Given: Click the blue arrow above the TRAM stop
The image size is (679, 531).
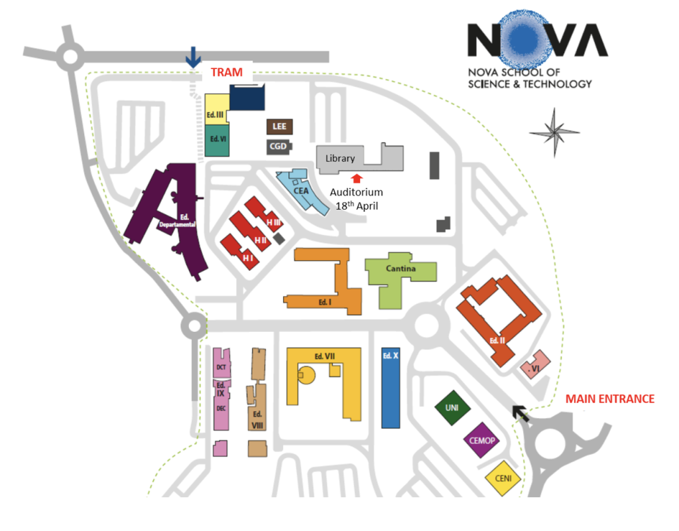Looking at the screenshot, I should pyautogui.click(x=193, y=56).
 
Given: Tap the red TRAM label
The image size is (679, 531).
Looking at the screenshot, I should pyautogui.click(x=227, y=72).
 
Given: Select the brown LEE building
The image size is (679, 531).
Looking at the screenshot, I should pyautogui.click(x=278, y=127).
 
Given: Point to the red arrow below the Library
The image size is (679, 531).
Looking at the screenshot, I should pyautogui.click(x=357, y=177).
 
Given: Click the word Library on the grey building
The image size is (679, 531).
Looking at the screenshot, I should pyautogui.click(x=339, y=159).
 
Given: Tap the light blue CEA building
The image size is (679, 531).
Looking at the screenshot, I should pyautogui.click(x=302, y=190).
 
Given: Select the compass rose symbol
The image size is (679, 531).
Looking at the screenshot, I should pyautogui.click(x=555, y=133).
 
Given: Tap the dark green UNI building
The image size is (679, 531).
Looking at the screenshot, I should pyautogui.click(x=452, y=407).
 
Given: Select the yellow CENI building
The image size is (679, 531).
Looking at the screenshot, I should pyautogui.click(x=503, y=477).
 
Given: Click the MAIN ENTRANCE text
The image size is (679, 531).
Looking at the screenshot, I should pyautogui.click(x=609, y=399).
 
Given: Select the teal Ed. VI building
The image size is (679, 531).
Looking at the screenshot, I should pyautogui.click(x=217, y=140).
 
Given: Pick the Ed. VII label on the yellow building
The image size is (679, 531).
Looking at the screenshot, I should pyautogui.click(x=324, y=356).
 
